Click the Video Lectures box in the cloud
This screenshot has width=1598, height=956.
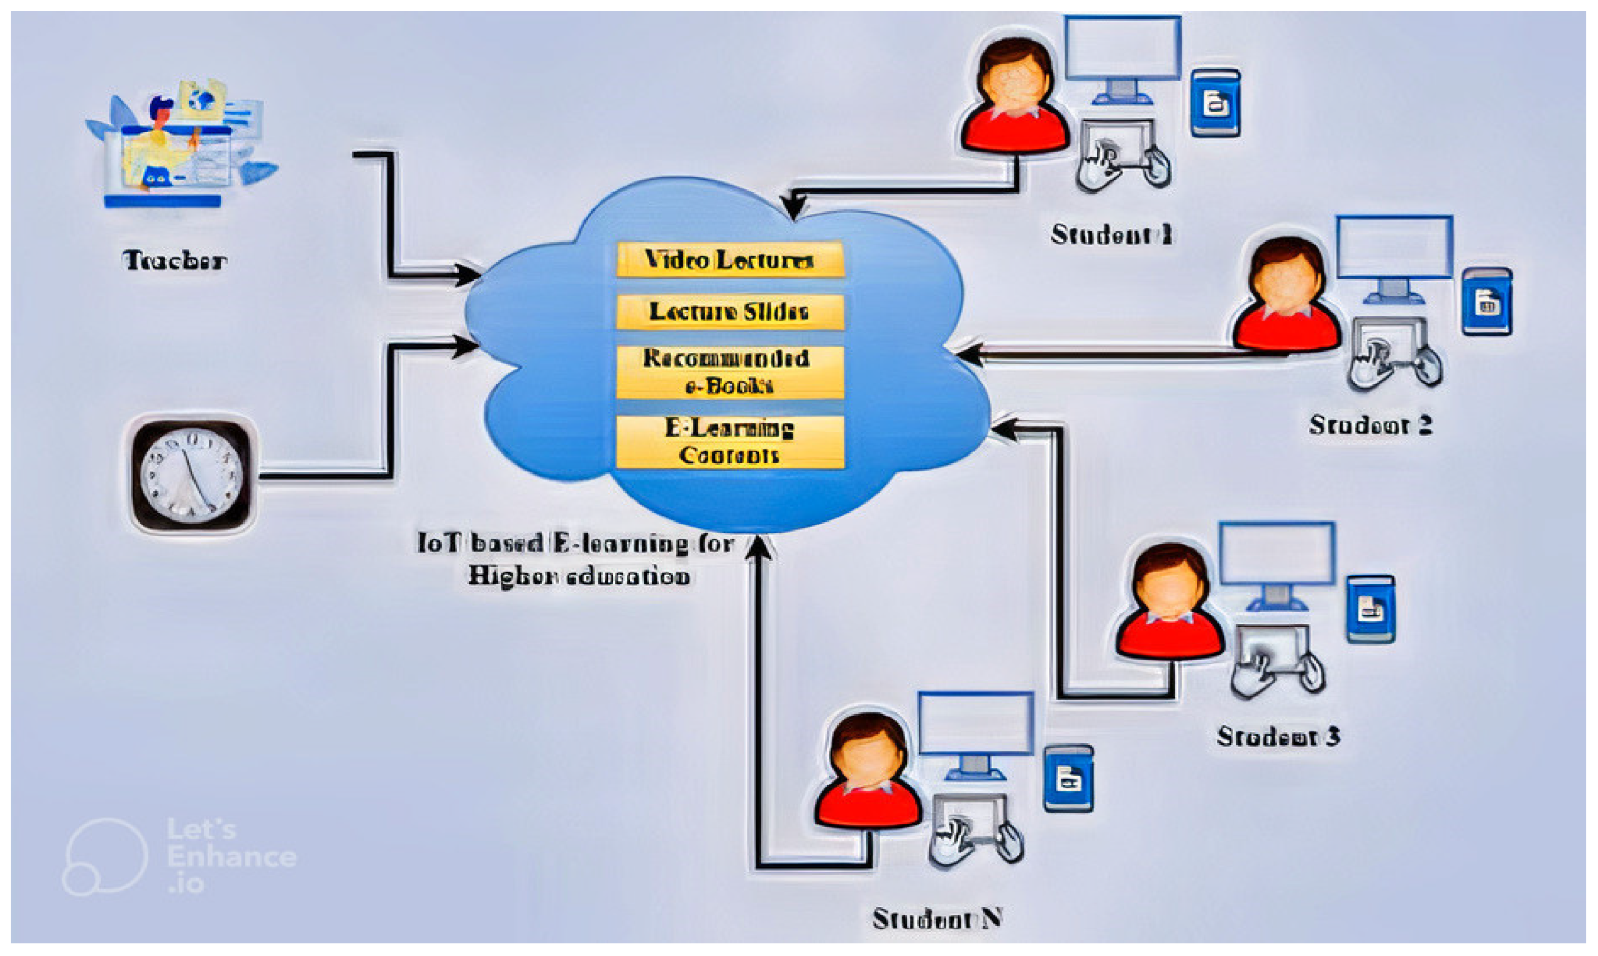(729, 259)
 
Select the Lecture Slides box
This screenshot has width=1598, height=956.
(729, 312)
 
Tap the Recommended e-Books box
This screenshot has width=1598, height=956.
(729, 372)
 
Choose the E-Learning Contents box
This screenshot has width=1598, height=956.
(729, 441)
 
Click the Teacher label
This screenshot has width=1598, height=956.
(174, 260)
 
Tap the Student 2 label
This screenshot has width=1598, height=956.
(1370, 425)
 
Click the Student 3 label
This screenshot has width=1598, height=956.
(1278, 736)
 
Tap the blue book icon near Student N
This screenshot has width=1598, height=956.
(1067, 778)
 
